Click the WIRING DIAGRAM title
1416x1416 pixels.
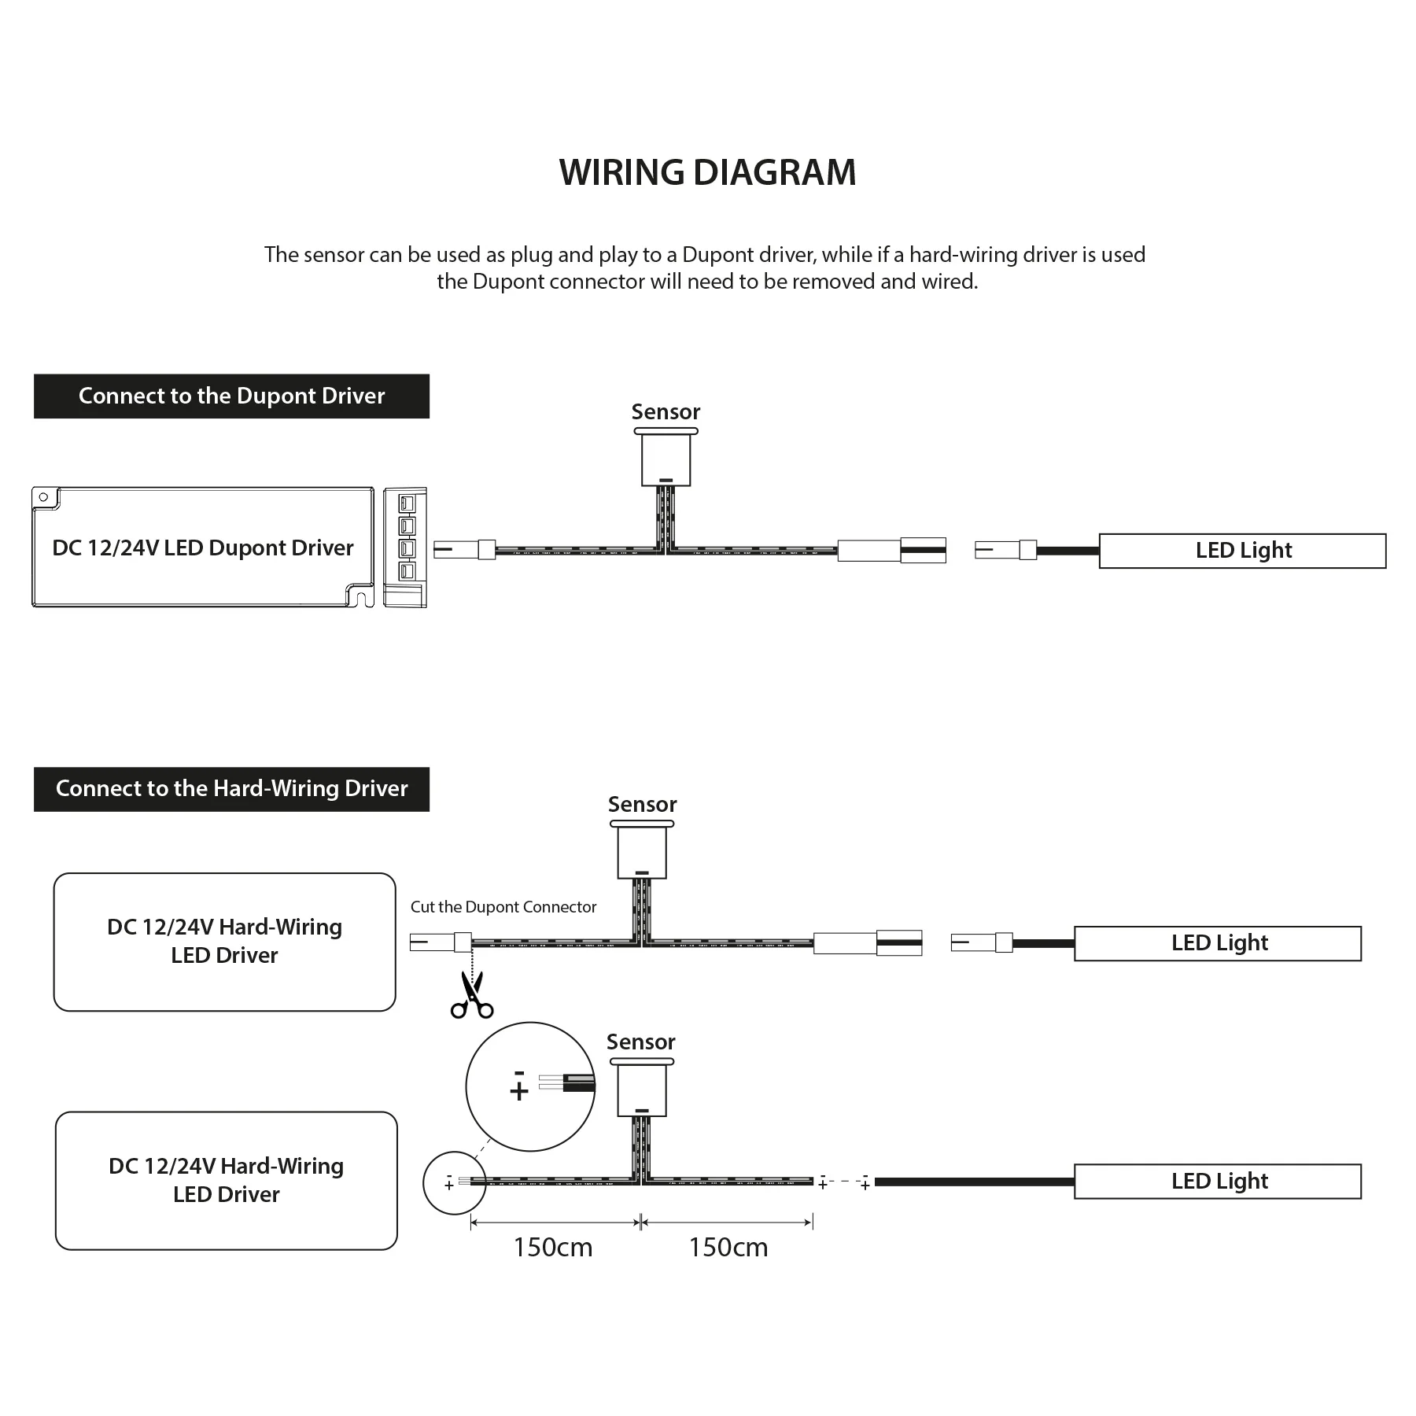click(707, 172)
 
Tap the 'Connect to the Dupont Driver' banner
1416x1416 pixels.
click(231, 396)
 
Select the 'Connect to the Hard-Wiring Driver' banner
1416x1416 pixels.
click(231, 788)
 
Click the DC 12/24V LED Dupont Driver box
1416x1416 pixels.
click(202, 548)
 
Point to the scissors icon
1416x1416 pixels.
click(472, 995)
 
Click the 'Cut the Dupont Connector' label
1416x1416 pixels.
click(503, 907)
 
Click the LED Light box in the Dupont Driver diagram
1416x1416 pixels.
click(1242, 551)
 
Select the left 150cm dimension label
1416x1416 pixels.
click(553, 1248)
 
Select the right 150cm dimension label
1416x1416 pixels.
click(728, 1248)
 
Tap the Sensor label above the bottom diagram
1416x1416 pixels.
click(640, 1042)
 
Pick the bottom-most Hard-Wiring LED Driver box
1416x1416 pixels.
click(227, 1180)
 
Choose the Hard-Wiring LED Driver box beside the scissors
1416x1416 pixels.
click(224, 942)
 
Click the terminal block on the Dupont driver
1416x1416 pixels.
click(405, 548)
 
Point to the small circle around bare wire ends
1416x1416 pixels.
click(454, 1182)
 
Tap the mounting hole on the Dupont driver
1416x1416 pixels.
click(44, 497)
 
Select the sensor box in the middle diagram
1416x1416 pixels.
click(642, 853)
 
